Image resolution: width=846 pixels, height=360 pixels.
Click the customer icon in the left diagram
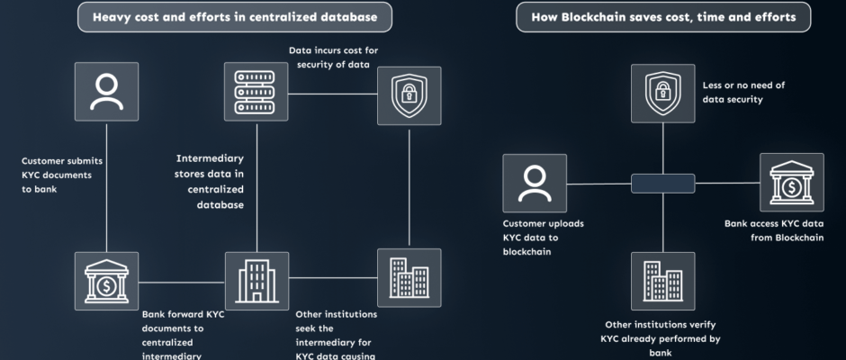click(x=106, y=92)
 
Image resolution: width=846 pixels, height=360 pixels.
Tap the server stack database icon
click(x=256, y=92)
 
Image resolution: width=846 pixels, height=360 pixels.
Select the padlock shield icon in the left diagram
click(x=409, y=95)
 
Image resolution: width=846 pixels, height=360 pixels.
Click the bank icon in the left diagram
click(x=106, y=281)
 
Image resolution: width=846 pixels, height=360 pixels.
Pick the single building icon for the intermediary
click(x=256, y=281)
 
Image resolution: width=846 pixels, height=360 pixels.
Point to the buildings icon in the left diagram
click(x=409, y=278)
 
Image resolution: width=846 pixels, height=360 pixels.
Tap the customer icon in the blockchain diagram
click(x=535, y=183)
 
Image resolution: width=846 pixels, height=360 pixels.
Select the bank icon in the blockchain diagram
click(x=791, y=183)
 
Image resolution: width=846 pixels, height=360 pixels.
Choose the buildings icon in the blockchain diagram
click(x=663, y=281)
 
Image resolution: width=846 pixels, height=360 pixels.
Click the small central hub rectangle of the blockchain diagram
click(x=663, y=183)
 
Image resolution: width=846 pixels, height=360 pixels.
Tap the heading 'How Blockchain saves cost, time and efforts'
click(x=662, y=17)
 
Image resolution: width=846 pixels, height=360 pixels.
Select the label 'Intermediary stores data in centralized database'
click(x=212, y=182)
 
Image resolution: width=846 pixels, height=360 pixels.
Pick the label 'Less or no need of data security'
click(x=743, y=92)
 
